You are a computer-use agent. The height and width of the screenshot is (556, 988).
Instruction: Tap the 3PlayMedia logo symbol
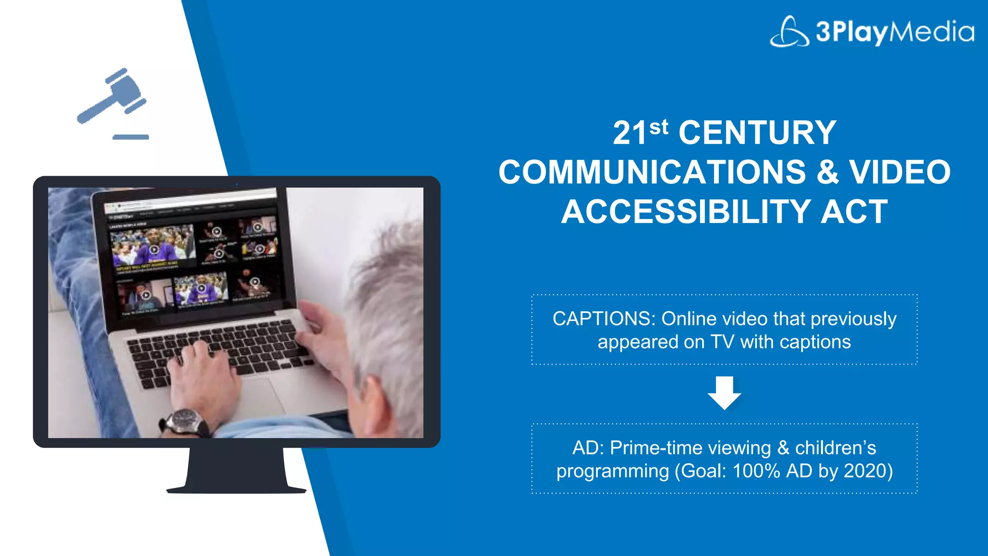click(789, 32)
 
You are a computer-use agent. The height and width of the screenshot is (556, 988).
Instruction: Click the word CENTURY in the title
click(757, 133)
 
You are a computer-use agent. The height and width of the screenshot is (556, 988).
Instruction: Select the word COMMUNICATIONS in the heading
click(652, 172)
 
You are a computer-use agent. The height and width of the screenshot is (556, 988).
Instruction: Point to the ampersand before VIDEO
click(827, 172)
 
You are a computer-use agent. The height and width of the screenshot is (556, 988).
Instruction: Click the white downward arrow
click(724, 393)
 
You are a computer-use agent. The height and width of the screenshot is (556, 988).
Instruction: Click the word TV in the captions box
click(722, 342)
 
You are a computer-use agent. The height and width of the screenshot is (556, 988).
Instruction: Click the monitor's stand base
click(236, 489)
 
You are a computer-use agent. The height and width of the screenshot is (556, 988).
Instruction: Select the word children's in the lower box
click(836, 448)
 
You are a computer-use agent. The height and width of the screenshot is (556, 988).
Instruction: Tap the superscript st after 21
click(659, 127)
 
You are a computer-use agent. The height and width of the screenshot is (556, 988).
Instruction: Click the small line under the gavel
click(131, 137)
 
